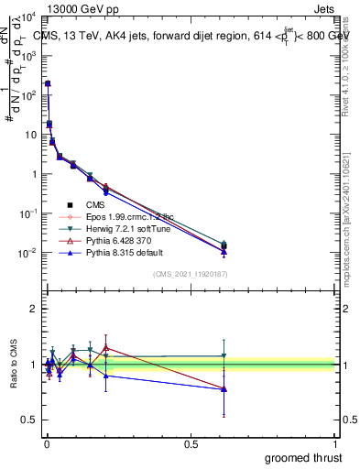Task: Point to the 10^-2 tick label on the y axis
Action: pos(29,253)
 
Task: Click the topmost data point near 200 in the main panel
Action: pos(48,83)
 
